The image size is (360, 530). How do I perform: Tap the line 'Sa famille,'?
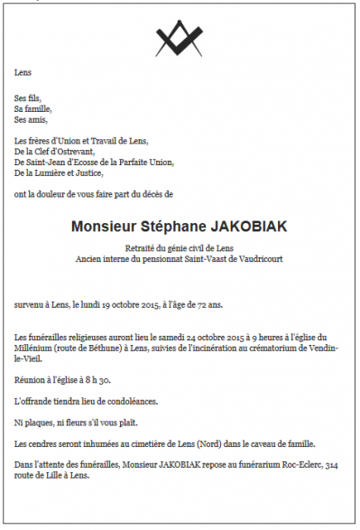pos(33,108)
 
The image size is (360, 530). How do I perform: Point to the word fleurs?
pos(77,422)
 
